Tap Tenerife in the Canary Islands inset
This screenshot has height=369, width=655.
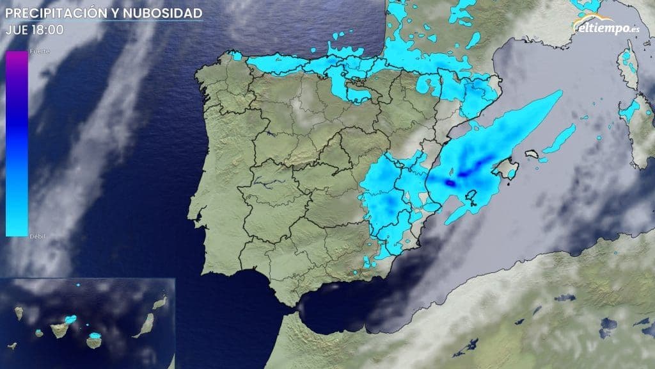coord(60,327)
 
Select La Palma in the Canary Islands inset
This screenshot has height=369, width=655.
coord(20,313)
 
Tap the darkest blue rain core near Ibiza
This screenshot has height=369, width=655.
coord(451,183)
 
